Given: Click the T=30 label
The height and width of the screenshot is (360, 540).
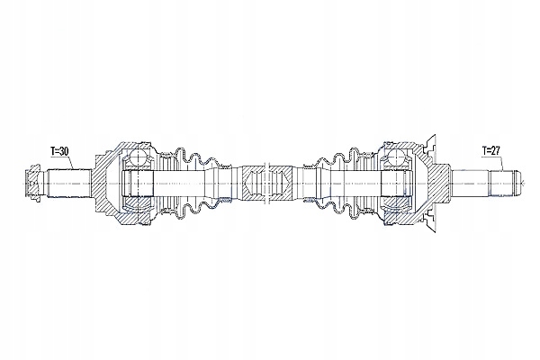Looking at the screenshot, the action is pyautogui.click(x=59, y=151).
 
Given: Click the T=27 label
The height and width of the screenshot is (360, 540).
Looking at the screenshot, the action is pyautogui.click(x=490, y=150).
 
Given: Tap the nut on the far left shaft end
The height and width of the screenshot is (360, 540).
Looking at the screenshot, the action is pyautogui.click(x=34, y=183).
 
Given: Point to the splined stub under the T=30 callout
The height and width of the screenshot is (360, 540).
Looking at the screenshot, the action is pyautogui.click(x=69, y=183).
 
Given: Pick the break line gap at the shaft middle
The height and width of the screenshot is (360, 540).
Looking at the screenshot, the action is pyautogui.click(x=265, y=183).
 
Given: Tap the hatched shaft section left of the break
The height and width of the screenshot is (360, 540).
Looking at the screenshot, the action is pyautogui.click(x=253, y=183).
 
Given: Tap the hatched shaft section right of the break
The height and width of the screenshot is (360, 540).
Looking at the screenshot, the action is pyautogui.click(x=280, y=183).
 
